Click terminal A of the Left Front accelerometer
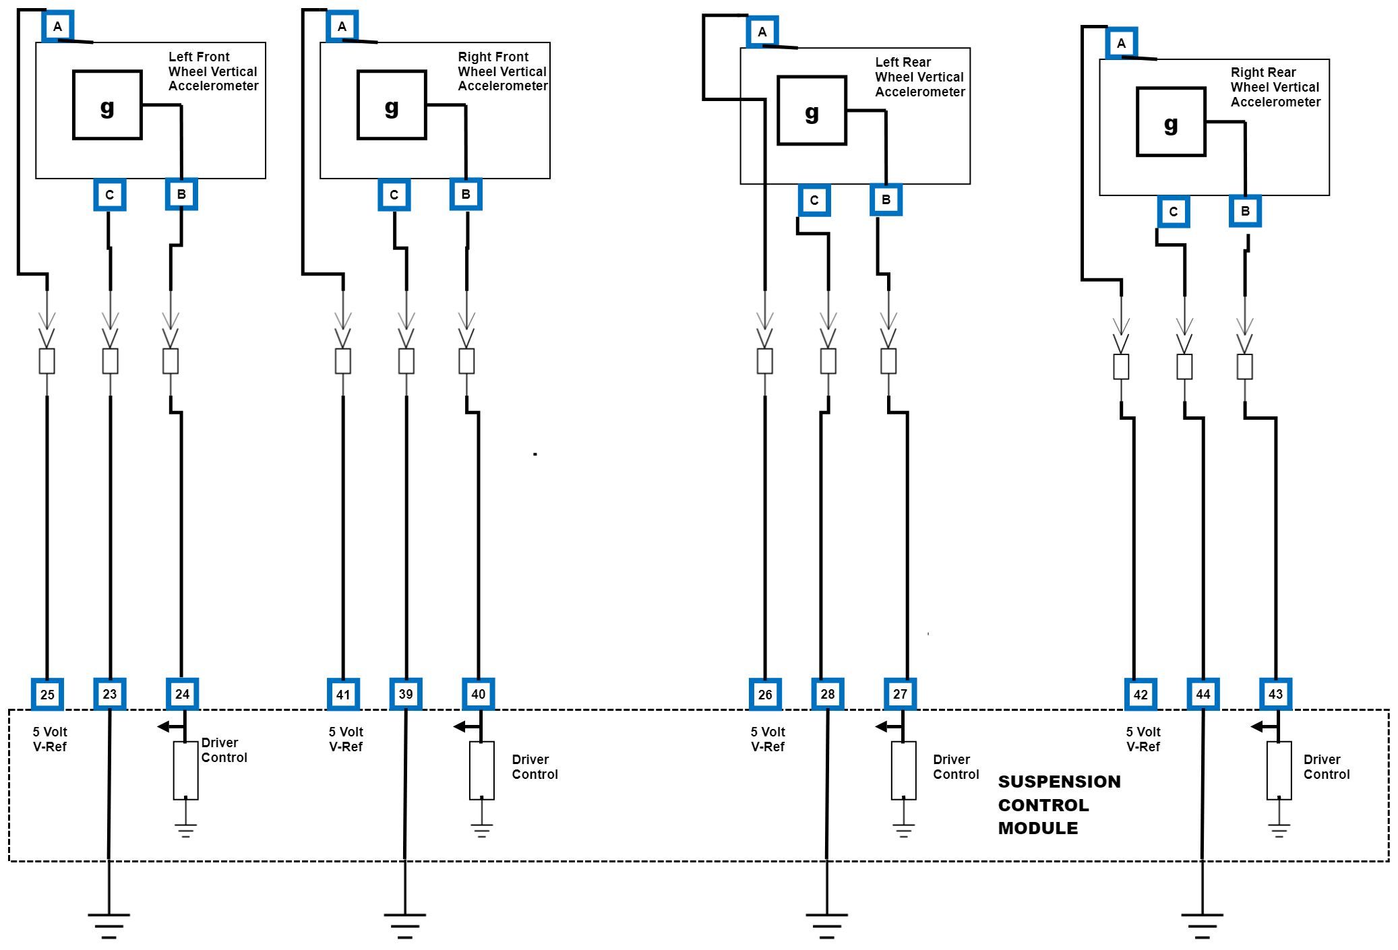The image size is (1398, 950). (57, 27)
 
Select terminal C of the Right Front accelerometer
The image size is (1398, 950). (394, 195)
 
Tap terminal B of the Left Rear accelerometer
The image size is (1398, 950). (886, 199)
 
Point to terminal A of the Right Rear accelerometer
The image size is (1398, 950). (1121, 44)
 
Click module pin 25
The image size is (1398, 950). (47, 695)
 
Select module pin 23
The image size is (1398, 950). (109, 694)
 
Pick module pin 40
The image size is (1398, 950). (478, 694)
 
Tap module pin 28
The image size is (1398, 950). (828, 694)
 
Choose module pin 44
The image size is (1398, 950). (1203, 694)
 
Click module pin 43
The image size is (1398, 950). (1275, 694)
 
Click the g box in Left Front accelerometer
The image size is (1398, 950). (107, 105)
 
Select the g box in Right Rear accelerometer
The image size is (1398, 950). (1171, 122)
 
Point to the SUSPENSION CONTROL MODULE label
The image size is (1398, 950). (1059, 804)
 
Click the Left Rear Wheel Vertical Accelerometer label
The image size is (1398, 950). (919, 77)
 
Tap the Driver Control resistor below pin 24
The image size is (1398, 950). (185, 770)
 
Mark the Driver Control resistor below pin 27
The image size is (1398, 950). (903, 770)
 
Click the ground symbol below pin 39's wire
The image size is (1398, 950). (404, 924)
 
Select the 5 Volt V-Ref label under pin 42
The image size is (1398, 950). (1143, 739)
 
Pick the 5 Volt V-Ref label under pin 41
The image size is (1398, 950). (346, 739)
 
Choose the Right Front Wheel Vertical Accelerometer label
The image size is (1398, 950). (502, 71)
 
